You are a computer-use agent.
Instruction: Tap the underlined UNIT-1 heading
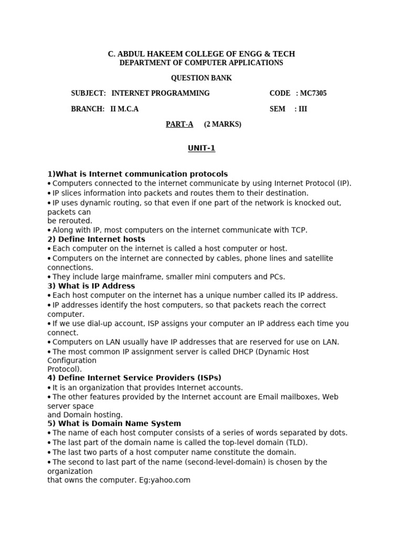[201, 148]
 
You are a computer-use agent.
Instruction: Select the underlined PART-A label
[179, 125]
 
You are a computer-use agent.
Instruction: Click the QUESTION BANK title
[201, 78]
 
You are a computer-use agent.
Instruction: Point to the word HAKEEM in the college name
[167, 54]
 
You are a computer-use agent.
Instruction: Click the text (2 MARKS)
[222, 125]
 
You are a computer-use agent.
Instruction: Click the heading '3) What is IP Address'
[91, 286]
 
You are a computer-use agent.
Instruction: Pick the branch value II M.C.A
[124, 109]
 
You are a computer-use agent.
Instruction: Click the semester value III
[303, 109]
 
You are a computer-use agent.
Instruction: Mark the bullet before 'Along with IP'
[49, 231]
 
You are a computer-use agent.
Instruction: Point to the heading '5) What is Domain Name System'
[114, 423]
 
